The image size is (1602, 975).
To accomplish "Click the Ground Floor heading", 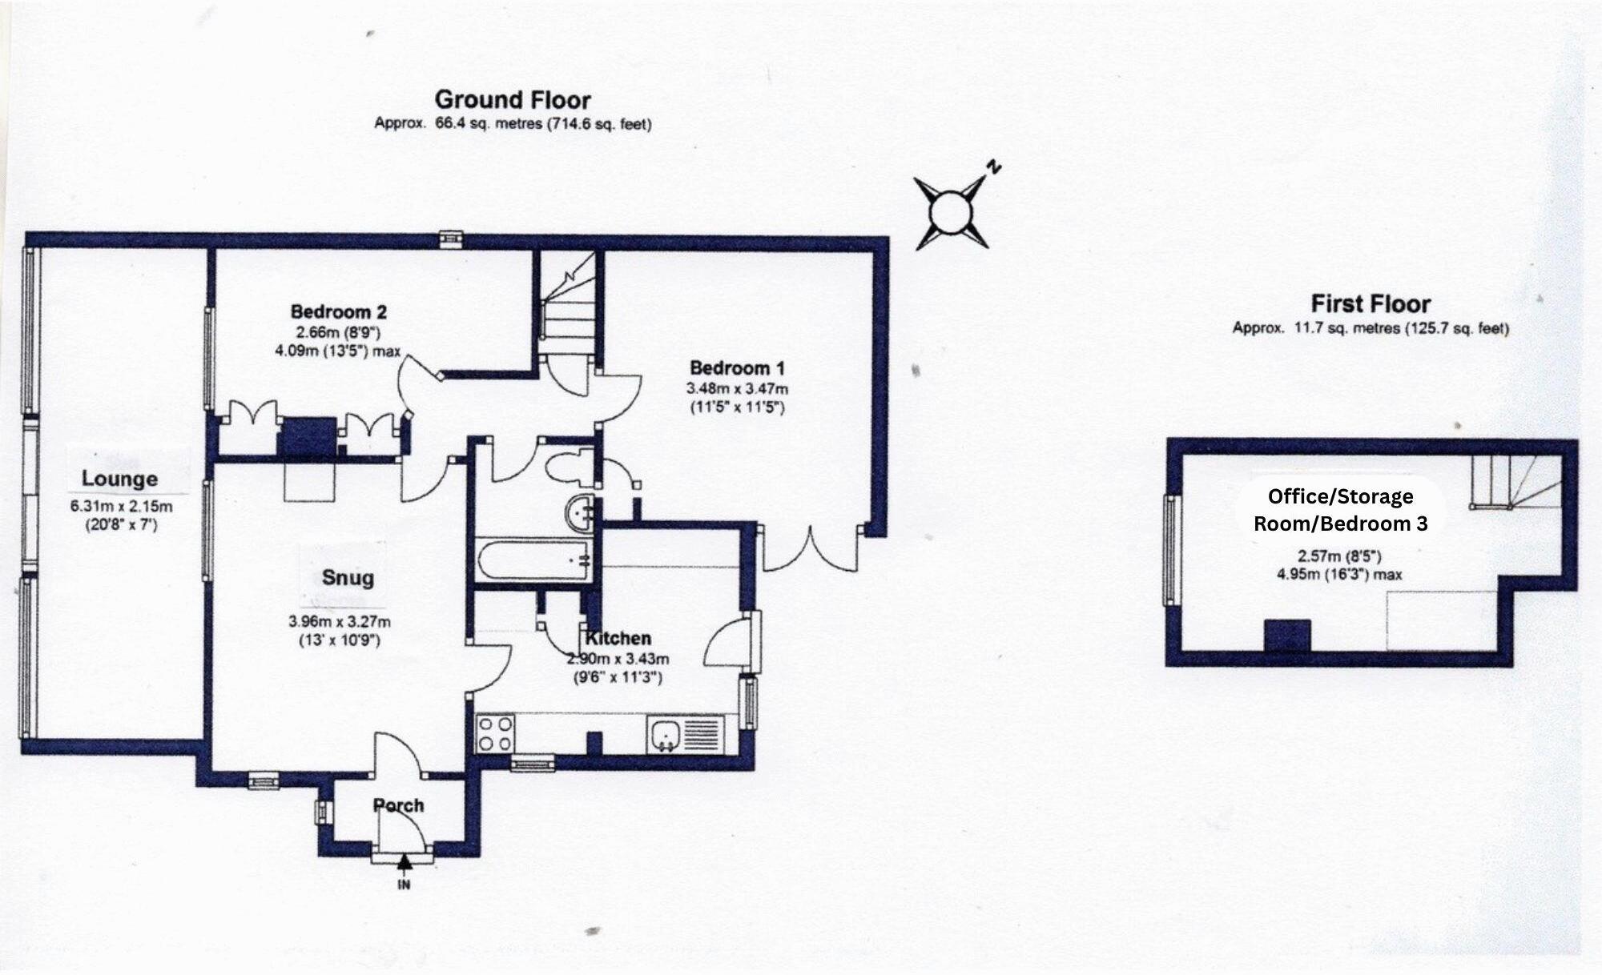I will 513,100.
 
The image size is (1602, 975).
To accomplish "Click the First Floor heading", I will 1371,304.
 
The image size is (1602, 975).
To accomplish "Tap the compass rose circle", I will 951,213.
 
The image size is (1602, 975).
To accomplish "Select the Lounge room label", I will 119,479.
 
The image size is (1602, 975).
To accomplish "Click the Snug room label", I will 348,578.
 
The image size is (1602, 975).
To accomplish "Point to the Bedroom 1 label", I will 737,368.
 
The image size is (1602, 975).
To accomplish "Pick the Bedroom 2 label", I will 338,311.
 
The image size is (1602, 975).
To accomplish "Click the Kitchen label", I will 618,639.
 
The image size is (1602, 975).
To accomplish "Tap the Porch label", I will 398,805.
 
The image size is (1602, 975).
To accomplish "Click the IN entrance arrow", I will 405,864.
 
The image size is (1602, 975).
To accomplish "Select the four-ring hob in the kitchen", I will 495,734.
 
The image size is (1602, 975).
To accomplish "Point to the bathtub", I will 532,558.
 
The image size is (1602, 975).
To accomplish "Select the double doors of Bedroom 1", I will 812,548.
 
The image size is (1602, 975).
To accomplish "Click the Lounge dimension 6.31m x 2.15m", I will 121,507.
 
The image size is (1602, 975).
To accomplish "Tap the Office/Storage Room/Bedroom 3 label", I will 1340,510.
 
